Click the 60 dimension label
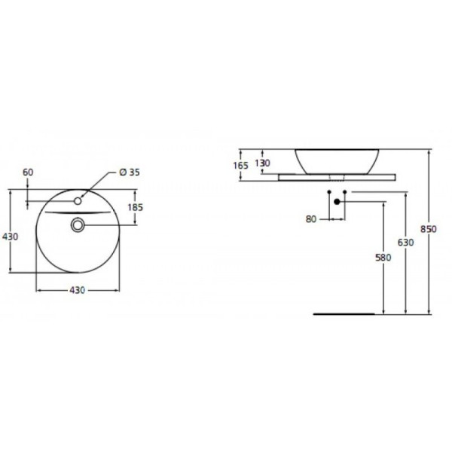pyautogui.click(x=28, y=172)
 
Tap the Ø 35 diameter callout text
pyautogui.click(x=130, y=172)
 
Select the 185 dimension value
pyautogui.click(x=136, y=206)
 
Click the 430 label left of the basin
pyautogui.click(x=10, y=237)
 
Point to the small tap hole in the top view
pyautogui.click(x=78, y=202)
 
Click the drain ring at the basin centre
pyautogui.click(x=78, y=224)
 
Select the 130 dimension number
pyautogui.click(x=262, y=163)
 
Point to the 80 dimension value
pyautogui.click(x=312, y=221)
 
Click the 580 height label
pyautogui.click(x=383, y=258)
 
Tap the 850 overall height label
pyautogui.click(x=427, y=229)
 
